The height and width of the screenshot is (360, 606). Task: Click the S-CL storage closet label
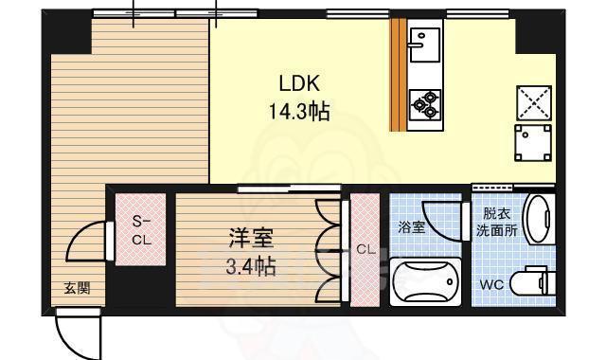click(140, 230)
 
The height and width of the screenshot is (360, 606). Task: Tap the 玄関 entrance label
click(78, 289)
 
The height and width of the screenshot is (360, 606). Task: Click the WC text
click(490, 284)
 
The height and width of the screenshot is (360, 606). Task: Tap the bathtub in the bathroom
click(426, 281)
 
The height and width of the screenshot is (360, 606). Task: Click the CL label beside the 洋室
click(365, 250)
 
